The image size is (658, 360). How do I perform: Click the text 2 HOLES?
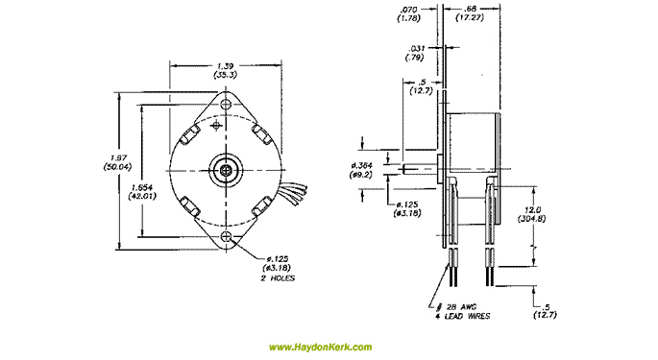coord(277,278)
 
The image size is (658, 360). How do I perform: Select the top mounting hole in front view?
coord(227,102)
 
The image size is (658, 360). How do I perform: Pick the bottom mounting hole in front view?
coord(227,235)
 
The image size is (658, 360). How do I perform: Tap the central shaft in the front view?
coord(227,169)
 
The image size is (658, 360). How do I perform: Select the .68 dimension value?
coord(473,11)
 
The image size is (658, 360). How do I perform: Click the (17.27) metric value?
coord(473,20)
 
